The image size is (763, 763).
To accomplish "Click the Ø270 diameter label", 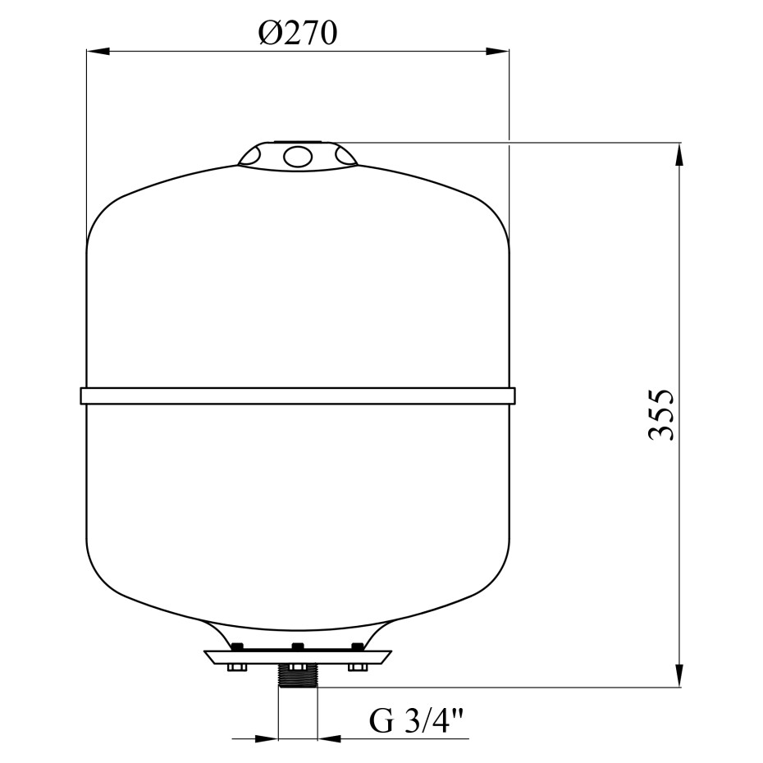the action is pos(297,34).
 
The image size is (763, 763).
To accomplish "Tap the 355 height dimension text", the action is pos(662,414).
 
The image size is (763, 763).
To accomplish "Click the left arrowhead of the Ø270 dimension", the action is pos(98,51).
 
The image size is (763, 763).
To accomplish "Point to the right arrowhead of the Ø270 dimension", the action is pos(497,51).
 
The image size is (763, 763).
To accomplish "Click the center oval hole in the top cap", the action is pos(298,157).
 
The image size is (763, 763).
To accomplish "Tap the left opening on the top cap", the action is pos(250,155).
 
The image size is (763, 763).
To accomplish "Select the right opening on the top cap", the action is pos(345,155).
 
